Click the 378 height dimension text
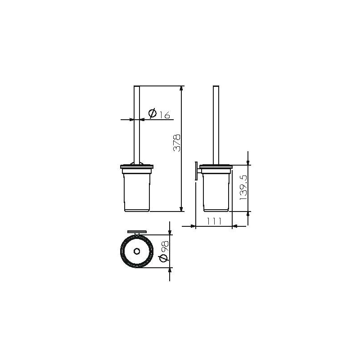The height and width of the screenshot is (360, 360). coord(177,143)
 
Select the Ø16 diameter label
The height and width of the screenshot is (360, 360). coord(159,113)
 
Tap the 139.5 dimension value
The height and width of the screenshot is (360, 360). coord(243,187)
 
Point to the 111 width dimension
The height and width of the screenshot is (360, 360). coord(214,221)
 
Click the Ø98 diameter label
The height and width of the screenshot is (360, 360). coord(164,251)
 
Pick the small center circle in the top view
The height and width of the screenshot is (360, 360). coord(137,252)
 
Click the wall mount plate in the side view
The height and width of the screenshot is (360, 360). coord(196,171)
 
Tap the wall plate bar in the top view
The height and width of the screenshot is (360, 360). coord(137,231)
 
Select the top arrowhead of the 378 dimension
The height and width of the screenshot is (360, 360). coord(181,89)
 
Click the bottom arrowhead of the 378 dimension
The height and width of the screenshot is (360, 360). coord(181,208)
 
